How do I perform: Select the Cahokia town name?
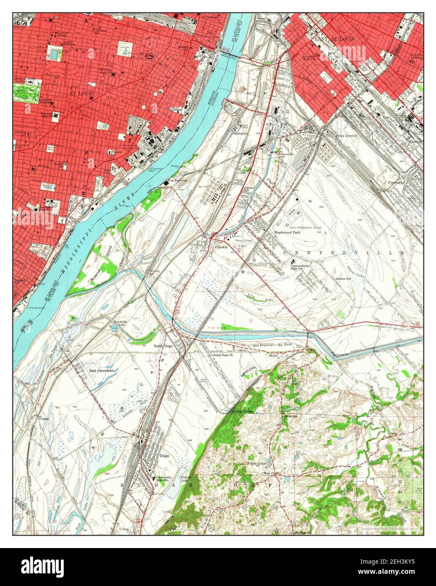click(x=221, y=247)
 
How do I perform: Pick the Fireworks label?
click(x=396, y=183)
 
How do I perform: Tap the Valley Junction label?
click(x=346, y=135)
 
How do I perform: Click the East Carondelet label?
click(x=102, y=371)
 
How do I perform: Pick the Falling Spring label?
click(x=241, y=411)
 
